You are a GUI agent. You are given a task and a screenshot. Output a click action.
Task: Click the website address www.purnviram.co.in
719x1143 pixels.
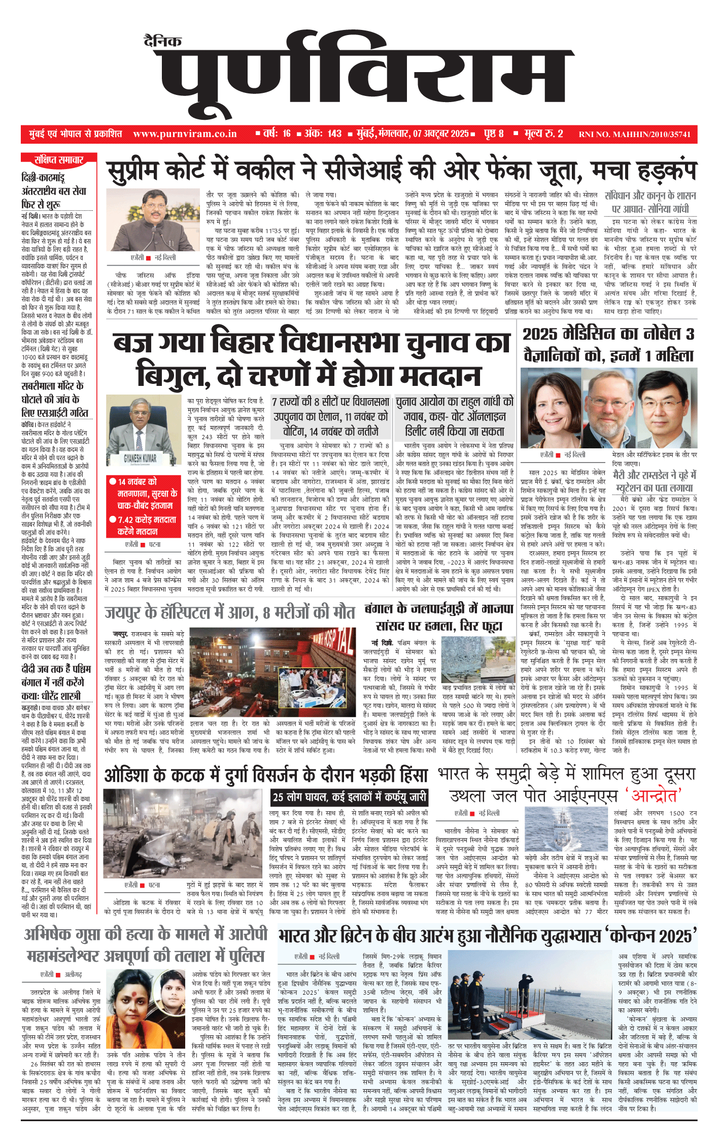[185, 134]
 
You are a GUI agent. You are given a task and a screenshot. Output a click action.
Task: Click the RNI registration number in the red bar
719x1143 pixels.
[634, 135]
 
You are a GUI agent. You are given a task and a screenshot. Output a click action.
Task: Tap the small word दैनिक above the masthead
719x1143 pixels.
[162, 42]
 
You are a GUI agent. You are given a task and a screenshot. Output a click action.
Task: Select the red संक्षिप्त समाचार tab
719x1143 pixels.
[58, 160]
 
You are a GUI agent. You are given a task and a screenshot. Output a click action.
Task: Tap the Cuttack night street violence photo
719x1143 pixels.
[183, 833]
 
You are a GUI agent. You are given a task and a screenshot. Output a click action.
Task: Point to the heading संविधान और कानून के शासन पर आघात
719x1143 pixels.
[650, 202]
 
